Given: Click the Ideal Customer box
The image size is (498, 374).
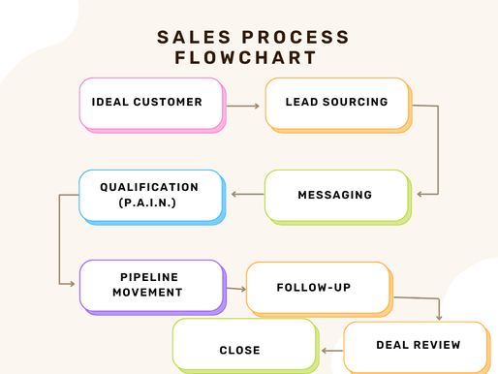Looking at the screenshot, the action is (150, 103).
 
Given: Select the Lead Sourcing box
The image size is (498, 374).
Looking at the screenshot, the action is (335, 103).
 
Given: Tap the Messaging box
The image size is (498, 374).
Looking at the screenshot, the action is (334, 194).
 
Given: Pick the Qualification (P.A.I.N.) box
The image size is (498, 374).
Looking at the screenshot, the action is (149, 194).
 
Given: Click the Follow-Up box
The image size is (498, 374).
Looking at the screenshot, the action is (317, 288).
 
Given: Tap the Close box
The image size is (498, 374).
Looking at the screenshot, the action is (241, 349).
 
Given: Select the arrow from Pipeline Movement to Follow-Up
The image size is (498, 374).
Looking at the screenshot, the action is (235, 288).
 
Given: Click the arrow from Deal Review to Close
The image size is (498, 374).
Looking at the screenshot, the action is (331, 351).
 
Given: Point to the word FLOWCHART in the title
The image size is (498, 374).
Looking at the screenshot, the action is (247, 58).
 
